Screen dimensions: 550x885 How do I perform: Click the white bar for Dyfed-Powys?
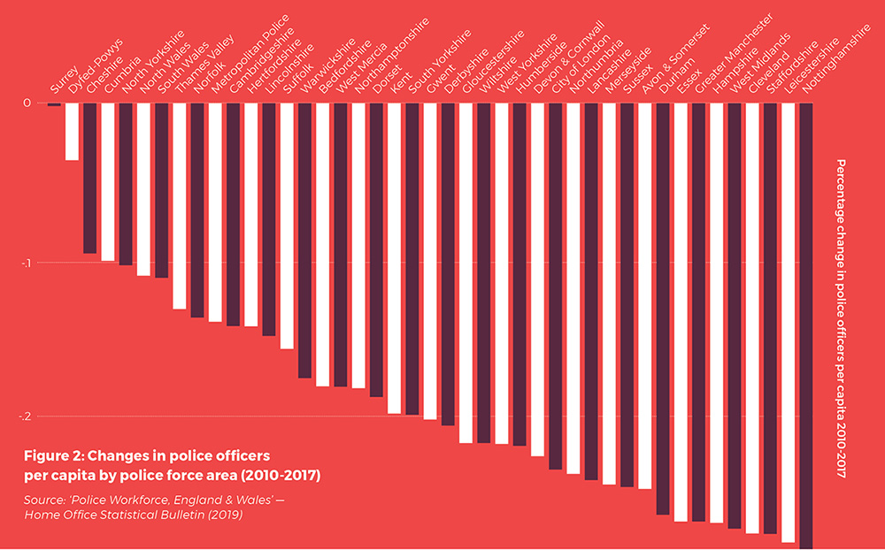click(72, 132)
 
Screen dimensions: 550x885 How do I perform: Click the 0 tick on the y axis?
click(27, 103)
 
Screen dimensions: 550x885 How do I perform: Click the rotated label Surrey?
click(65, 80)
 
